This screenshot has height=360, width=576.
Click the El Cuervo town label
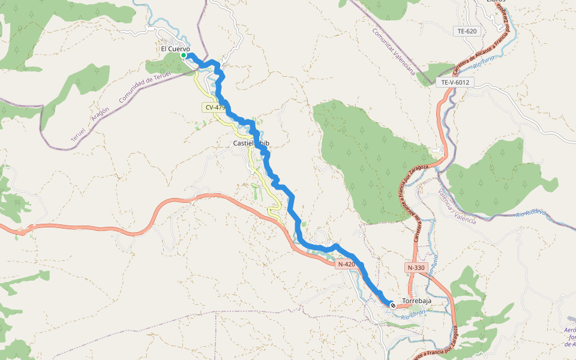175,49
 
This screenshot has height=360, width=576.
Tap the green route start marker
184,55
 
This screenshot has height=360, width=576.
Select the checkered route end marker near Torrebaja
393,305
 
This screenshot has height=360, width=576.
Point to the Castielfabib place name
251,143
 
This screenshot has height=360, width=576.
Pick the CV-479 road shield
215,107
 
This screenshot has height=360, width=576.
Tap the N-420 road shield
346,264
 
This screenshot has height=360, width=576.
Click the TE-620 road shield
466,31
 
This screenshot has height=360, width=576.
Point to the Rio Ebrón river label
413,314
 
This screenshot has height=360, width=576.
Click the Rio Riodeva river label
531,213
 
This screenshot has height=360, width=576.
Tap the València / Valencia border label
457,208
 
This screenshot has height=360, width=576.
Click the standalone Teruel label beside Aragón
79,134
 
